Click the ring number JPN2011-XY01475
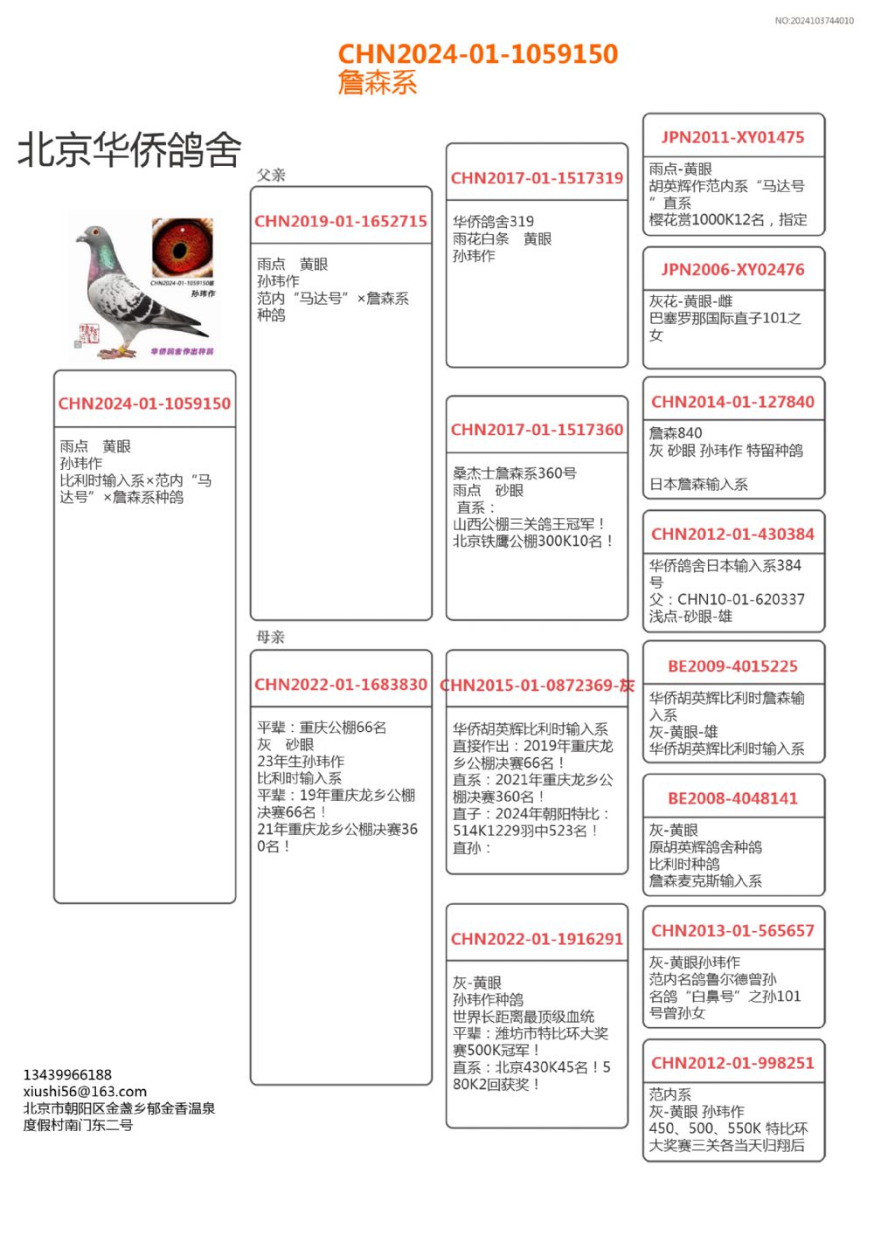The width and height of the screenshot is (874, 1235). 732,137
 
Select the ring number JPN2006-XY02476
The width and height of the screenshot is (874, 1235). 732,270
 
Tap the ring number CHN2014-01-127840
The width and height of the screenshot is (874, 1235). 732,402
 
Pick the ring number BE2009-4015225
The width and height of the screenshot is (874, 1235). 732,666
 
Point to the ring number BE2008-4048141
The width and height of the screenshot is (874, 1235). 732,798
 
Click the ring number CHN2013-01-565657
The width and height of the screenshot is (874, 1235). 732,931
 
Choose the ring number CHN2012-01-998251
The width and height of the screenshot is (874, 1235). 732,1063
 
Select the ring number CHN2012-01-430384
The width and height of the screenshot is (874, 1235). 732,534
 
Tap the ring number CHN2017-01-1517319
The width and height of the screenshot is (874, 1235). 537,178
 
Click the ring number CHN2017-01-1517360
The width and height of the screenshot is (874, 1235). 537,430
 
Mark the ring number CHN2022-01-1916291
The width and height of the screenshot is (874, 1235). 537,939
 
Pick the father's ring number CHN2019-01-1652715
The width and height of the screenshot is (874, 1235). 341,222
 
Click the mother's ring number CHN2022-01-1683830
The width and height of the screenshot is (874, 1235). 341,685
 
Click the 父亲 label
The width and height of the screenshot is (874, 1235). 271,175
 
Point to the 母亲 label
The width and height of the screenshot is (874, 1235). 271,637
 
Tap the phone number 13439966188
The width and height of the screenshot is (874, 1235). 67,1074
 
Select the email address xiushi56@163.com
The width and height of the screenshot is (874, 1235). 85,1091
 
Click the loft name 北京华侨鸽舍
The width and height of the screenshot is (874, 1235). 129,149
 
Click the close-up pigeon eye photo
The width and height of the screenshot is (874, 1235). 182,247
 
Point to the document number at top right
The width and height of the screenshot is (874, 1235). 814,21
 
